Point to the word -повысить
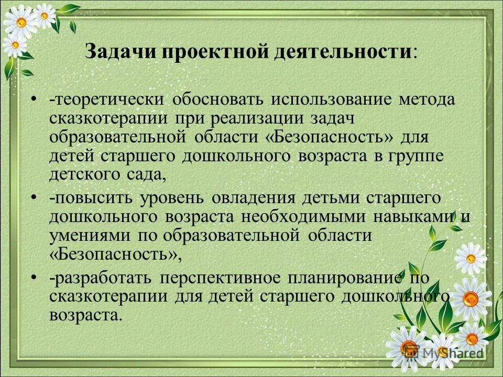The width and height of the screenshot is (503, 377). (x=91, y=199)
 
